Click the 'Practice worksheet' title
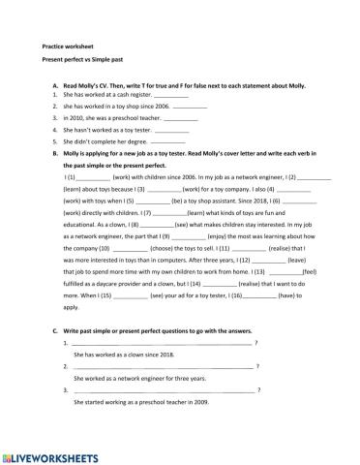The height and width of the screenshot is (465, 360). pos(66,46)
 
